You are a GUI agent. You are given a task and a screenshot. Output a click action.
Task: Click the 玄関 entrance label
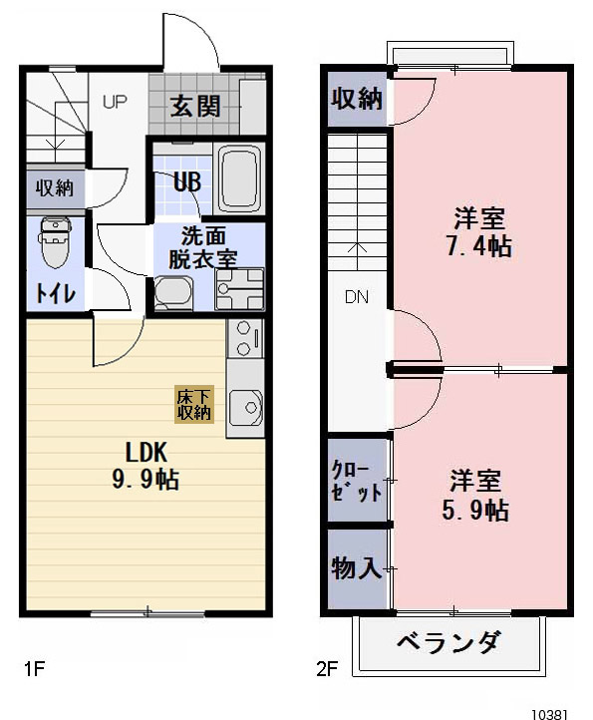click(x=194, y=106)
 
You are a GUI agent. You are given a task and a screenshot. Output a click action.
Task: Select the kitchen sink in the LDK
click(x=245, y=408)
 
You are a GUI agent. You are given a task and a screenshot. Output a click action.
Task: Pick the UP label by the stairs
click(x=114, y=102)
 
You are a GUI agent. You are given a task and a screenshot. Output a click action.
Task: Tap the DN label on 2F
click(x=357, y=296)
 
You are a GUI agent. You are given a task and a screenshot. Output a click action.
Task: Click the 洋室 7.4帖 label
click(x=479, y=232)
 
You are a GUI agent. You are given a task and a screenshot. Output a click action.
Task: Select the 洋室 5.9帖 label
click(x=476, y=496)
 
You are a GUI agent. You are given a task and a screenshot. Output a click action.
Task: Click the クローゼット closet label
click(x=356, y=481)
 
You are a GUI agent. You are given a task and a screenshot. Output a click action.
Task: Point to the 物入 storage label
click(x=356, y=568)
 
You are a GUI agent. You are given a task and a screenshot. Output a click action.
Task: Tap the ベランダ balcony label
click(x=448, y=643)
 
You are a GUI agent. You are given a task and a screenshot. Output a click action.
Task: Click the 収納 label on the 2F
click(x=356, y=98)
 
